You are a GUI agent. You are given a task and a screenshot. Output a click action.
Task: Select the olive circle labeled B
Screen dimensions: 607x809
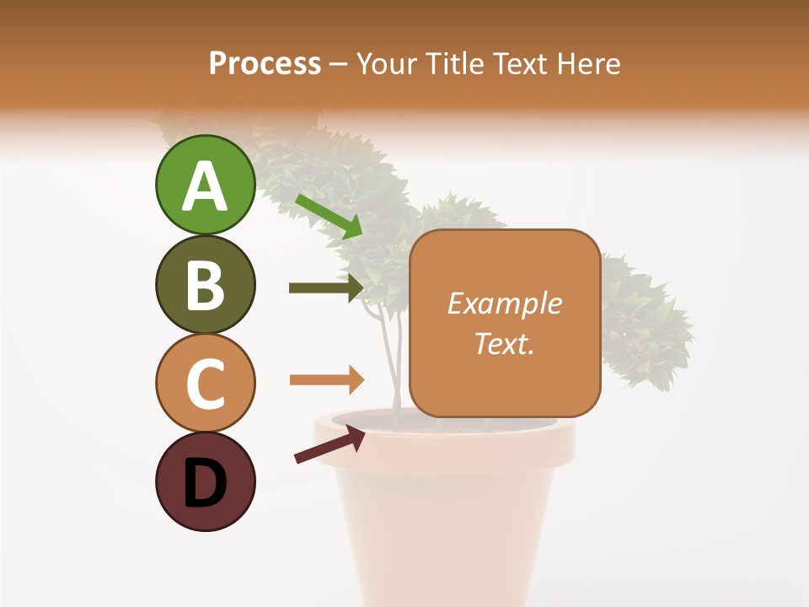coord(205,284)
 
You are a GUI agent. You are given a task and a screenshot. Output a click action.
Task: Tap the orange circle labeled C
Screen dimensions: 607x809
coord(205,382)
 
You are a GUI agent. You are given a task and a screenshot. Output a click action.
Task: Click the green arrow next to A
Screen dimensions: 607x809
coord(329,216)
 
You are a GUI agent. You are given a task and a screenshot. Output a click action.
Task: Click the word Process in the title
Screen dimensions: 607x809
coord(265,63)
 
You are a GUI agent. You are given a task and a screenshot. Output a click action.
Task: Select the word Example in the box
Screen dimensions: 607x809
coord(504,303)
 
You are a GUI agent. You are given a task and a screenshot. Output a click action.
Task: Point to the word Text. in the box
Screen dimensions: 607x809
coord(504,343)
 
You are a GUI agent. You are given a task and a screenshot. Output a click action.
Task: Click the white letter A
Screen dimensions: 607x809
coord(205,185)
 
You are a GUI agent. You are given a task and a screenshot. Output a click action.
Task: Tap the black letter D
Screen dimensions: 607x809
coord(205,483)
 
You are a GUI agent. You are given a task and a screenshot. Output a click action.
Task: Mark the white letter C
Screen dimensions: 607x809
coord(205,384)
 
